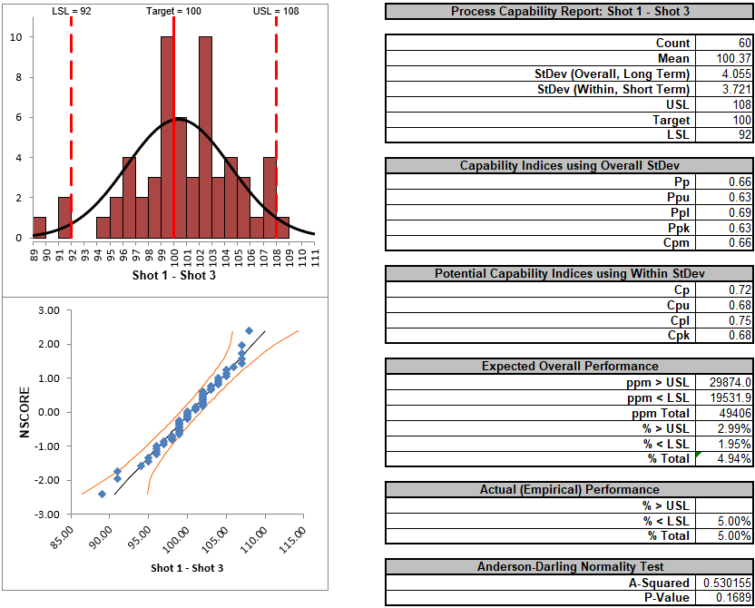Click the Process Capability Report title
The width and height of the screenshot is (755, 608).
pos(568,11)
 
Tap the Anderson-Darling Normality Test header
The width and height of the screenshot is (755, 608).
pos(568,567)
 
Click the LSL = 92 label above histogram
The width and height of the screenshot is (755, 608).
pos(72,11)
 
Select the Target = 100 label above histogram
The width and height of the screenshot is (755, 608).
pos(174,11)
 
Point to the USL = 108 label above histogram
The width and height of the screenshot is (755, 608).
pos(275,11)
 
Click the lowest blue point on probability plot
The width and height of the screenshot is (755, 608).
pos(102,494)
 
